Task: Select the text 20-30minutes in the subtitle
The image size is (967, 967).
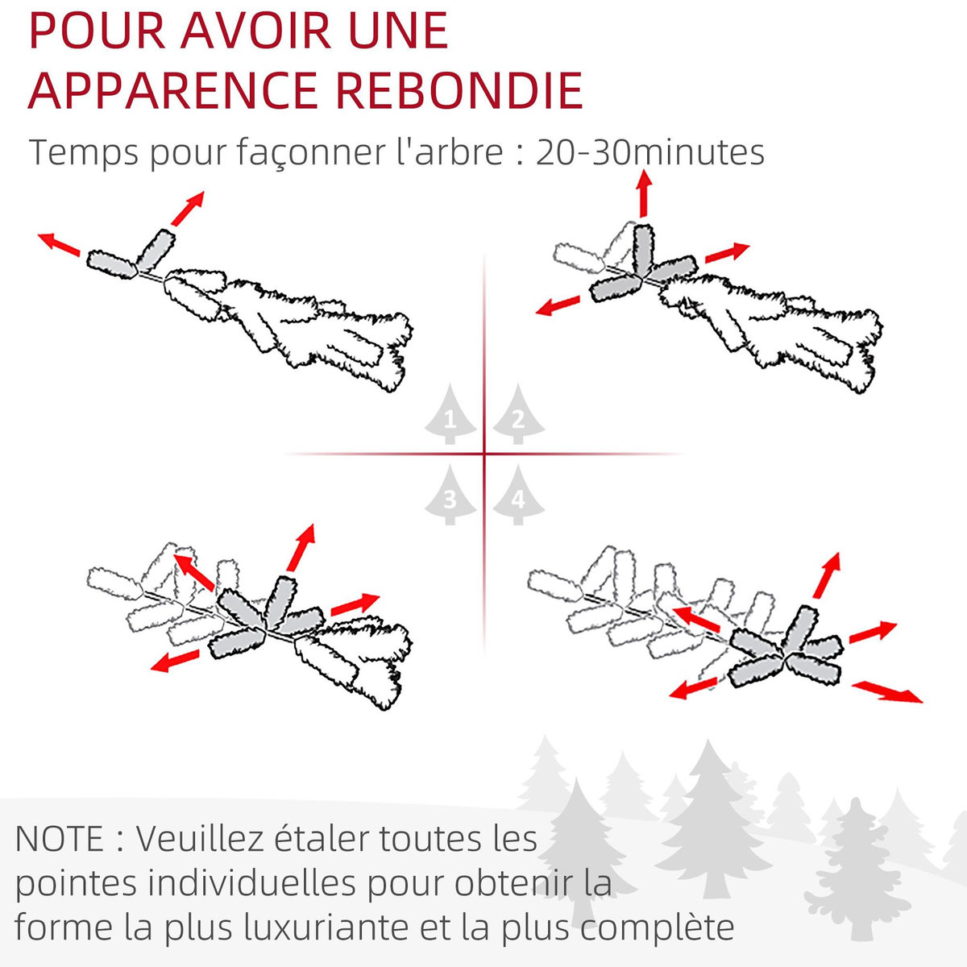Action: [x=650, y=152]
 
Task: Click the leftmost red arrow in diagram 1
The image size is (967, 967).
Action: [x=59, y=244]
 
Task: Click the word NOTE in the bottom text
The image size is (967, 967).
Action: [x=60, y=839]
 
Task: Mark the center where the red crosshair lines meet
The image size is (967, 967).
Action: [x=484, y=454]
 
